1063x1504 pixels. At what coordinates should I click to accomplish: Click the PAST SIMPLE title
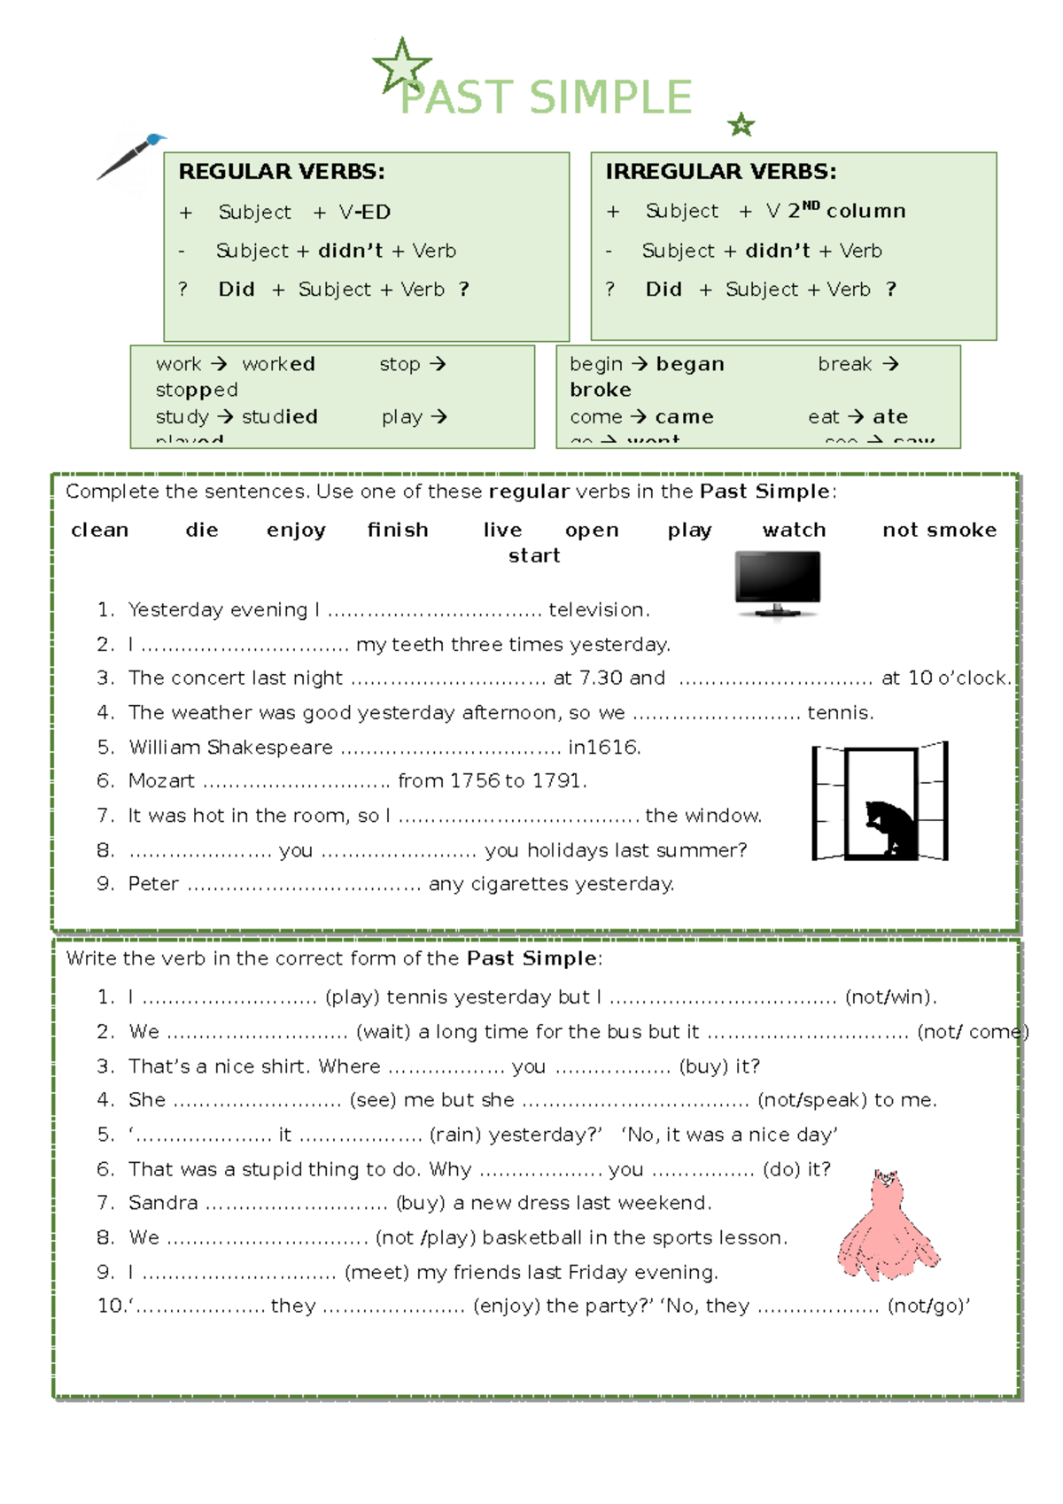click(546, 97)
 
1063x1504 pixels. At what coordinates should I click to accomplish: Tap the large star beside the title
click(401, 66)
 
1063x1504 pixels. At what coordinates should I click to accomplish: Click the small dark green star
click(741, 126)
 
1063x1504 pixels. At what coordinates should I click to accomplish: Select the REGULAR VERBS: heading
click(282, 172)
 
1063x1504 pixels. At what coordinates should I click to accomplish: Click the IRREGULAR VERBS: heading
click(720, 172)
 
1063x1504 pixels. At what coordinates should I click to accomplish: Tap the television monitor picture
click(778, 583)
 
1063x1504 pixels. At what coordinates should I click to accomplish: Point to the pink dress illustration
click(888, 1226)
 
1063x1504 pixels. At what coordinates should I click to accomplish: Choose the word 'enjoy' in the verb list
click(296, 531)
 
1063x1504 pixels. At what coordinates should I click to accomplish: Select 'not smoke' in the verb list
click(939, 531)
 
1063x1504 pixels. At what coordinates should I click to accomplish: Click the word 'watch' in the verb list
click(794, 531)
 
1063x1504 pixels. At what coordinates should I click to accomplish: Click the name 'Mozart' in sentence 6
click(161, 781)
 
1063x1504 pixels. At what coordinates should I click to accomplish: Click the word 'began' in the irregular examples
click(690, 364)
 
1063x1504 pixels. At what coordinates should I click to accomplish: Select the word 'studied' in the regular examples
click(279, 416)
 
